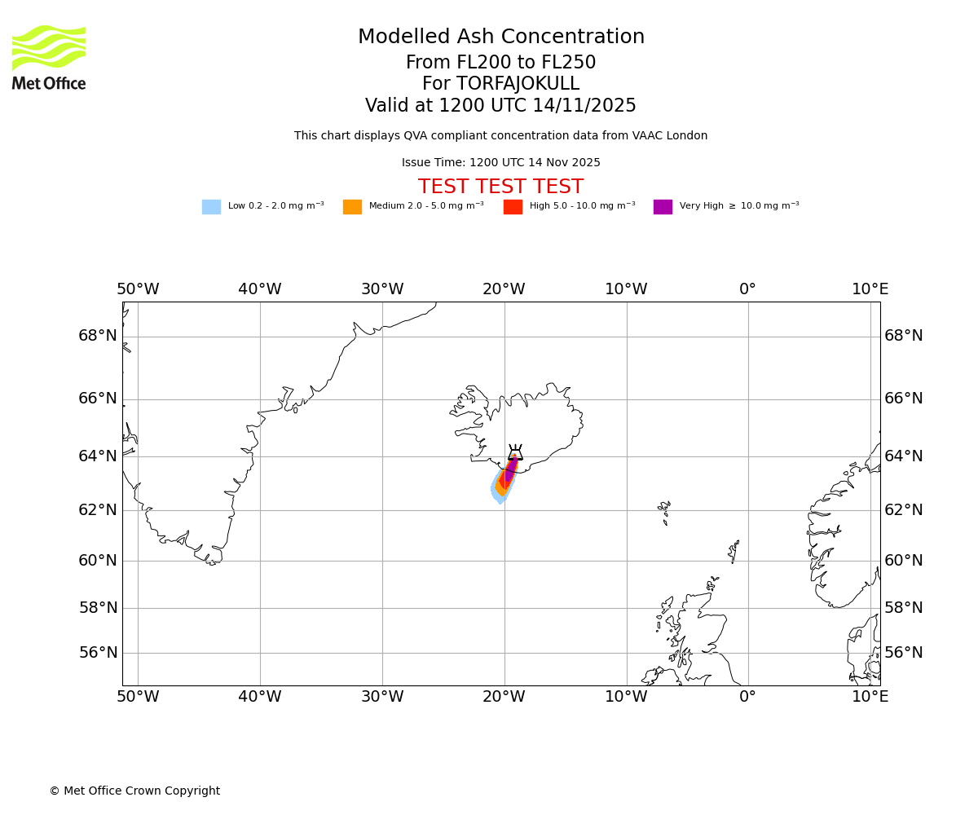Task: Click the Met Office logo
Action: (49, 58)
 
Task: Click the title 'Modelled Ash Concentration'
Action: (500, 37)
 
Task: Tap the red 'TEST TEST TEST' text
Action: (500, 187)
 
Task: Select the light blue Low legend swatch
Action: (211, 207)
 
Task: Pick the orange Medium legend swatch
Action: (352, 207)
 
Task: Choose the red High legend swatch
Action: (513, 207)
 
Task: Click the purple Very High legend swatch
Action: (663, 207)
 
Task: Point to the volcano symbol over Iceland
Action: (515, 453)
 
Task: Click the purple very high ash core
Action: (510, 469)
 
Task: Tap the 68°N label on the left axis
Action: (98, 336)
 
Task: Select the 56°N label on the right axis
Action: (904, 653)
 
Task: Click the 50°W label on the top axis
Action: (138, 289)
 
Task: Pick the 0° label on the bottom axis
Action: (747, 697)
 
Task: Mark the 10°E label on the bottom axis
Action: (870, 697)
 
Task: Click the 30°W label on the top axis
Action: (382, 289)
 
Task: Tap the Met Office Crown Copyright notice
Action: (134, 791)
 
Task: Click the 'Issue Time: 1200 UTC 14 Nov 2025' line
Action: (500, 163)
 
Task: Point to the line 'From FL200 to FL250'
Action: (500, 63)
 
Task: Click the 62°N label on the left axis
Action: (98, 510)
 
